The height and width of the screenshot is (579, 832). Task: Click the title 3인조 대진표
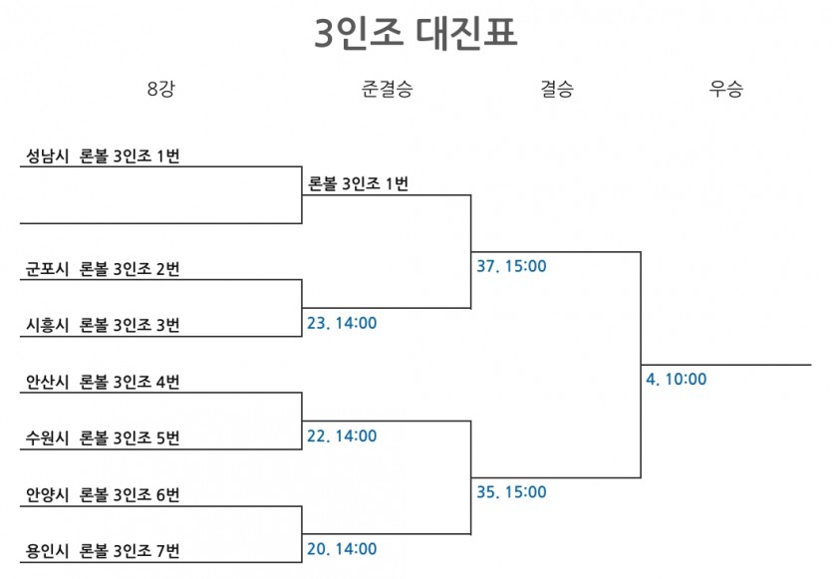416,33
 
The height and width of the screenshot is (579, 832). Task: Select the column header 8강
160,88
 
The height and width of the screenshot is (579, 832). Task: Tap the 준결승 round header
387,88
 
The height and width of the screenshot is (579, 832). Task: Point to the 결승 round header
557,88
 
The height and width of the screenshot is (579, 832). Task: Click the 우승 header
725,88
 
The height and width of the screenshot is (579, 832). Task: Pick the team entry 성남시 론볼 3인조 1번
103,156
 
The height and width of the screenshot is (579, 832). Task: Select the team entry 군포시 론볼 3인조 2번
103,269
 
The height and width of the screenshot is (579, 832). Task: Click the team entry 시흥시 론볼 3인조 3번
103,325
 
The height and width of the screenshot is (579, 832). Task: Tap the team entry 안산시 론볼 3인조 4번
103,382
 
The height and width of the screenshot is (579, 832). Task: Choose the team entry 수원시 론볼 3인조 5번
103,437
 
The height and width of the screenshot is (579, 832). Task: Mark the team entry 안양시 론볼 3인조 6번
103,494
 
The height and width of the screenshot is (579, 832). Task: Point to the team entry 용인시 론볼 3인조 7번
103,551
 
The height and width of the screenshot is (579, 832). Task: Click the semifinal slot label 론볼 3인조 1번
358,184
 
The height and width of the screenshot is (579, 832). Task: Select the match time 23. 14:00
342,323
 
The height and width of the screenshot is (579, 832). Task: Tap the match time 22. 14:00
342,435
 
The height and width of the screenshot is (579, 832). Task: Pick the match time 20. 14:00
342,549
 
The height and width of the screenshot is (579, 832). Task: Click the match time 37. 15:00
511,266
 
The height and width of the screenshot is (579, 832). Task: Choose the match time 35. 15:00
511,492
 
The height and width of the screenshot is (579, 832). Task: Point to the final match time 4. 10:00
677,379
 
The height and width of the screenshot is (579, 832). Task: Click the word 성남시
47,156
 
